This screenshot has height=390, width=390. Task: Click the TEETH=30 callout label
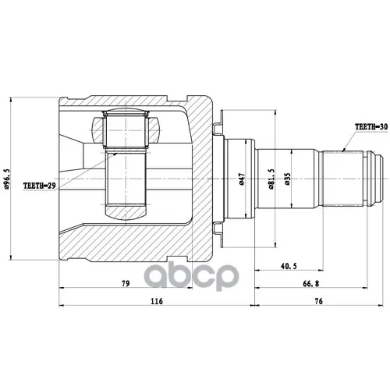371,127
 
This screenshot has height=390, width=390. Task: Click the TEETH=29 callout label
40,186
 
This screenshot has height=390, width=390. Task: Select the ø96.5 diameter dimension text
7,179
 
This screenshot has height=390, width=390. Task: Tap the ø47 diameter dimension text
242,179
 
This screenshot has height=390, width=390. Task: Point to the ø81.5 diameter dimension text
271,179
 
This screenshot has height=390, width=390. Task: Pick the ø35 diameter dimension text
287,179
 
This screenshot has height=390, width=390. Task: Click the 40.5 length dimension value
289,266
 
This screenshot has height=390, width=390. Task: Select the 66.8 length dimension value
311,283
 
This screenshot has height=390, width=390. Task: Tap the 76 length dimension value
319,301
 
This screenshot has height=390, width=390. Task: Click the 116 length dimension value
157,301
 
